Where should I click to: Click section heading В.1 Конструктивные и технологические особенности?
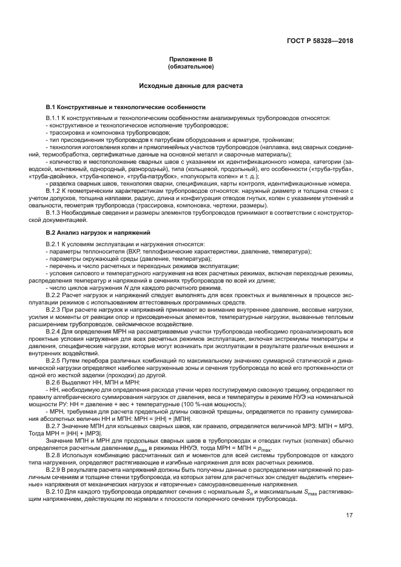point(126,106)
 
